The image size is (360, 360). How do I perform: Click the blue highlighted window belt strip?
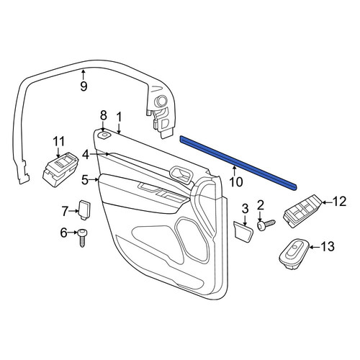coord(238,163)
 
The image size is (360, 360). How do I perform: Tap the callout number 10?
coord(236,182)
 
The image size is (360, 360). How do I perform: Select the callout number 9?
coord(84,86)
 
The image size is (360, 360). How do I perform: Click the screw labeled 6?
coord(82,238)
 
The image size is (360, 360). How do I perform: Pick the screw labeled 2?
coord(266,225)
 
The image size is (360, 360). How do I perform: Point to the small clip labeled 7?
coord(85,210)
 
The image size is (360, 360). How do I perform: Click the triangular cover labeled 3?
coord(243,232)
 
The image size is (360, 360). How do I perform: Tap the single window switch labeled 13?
coord(294,254)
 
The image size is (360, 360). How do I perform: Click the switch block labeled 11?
coord(60,170)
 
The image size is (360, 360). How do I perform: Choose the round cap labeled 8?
coord(104,135)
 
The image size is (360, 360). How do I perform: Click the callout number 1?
coord(119,117)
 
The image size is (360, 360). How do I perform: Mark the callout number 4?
coord(86,155)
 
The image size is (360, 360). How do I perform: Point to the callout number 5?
coord(85,180)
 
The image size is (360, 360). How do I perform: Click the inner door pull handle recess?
coord(181,175)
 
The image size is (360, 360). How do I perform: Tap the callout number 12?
coord(339,202)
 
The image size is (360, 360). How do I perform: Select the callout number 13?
coord(328,246)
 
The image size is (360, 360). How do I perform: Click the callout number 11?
coord(58,142)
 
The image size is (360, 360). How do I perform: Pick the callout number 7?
coord(65,211)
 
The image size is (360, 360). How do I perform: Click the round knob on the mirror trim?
coord(161,101)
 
